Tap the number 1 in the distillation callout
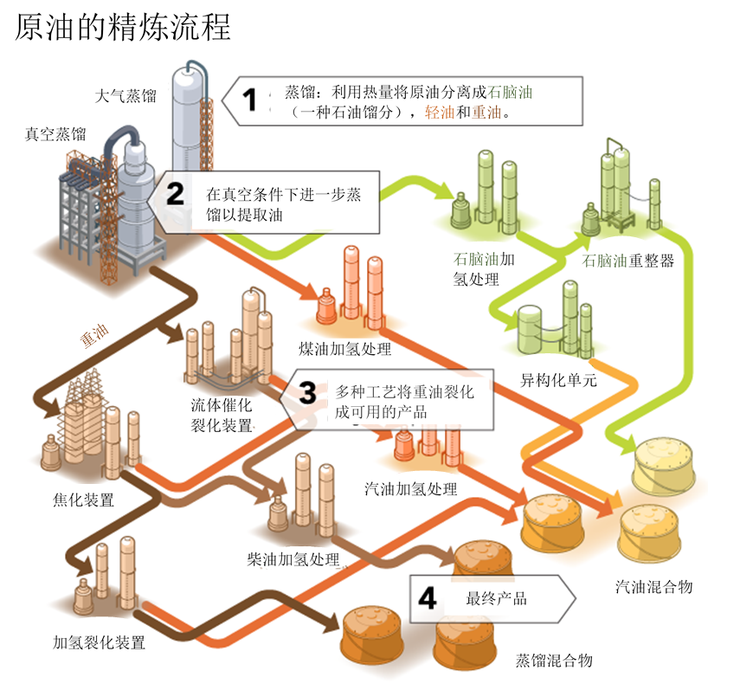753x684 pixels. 251,100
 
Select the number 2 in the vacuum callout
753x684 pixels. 176,194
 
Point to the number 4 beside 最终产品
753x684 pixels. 428,598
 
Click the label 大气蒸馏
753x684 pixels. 126,95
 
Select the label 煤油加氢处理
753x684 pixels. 344,349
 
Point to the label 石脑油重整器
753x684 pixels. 627,261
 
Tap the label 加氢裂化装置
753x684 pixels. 99,642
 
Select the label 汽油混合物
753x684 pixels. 653,587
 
